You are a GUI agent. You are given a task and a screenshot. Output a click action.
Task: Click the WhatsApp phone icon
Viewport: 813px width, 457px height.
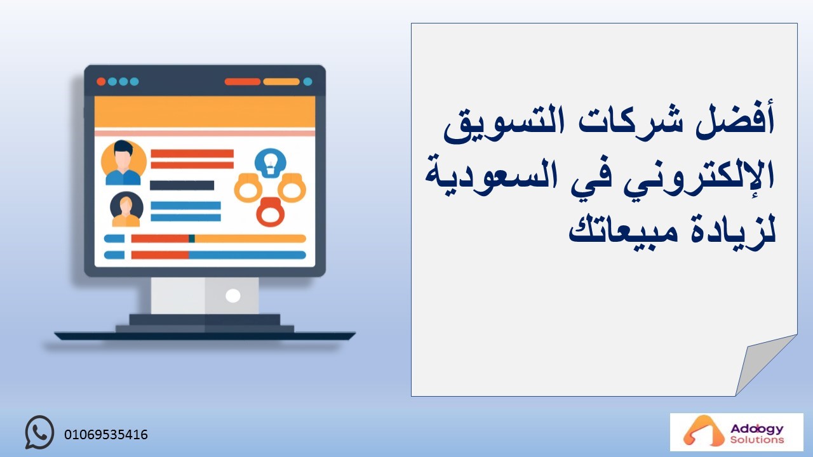click(x=39, y=432)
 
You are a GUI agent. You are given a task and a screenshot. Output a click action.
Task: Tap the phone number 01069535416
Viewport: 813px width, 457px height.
click(x=106, y=435)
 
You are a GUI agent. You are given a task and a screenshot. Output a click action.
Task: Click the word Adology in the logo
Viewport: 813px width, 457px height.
click(x=757, y=429)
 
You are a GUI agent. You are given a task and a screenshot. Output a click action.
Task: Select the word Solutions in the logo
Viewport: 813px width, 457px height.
click(x=757, y=440)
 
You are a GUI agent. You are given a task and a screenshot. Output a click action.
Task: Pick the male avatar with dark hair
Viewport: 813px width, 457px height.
click(x=123, y=162)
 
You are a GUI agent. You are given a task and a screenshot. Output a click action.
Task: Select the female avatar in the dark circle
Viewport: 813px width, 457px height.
click(x=126, y=209)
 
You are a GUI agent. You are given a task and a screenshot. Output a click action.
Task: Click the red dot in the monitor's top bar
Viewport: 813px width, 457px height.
click(x=101, y=81)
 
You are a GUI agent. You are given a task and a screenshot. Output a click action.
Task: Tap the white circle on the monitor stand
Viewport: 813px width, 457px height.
click(x=232, y=296)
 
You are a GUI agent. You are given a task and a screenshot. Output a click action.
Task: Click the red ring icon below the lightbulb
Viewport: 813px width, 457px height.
click(x=271, y=212)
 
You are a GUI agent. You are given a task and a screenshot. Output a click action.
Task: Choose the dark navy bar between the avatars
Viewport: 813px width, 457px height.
click(x=182, y=185)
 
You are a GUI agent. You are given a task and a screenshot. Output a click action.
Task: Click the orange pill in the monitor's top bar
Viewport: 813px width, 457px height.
click(x=281, y=81)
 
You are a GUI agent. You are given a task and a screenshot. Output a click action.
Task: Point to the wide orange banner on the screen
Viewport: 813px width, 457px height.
click(x=205, y=112)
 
